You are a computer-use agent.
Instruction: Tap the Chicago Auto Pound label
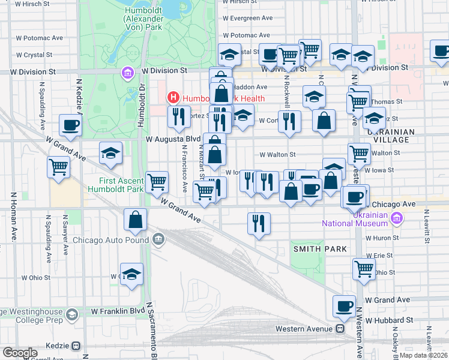pos(110,240)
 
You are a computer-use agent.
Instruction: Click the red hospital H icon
pos(173,97)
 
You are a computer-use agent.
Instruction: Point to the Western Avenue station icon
pos(340,329)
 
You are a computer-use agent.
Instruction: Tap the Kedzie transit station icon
pos(76,346)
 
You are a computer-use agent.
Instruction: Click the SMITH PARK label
pos(312,248)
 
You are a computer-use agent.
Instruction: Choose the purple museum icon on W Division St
pos(127,73)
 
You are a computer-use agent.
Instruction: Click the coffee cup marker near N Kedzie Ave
pos(71,126)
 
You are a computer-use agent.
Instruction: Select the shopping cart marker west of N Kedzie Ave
pos(59,167)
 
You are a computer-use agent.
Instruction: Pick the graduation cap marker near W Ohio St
pos(131,275)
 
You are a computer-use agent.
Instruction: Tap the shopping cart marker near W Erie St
pos(364,269)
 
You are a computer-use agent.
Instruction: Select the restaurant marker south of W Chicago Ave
pos(259,223)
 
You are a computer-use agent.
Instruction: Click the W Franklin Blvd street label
pos(118,311)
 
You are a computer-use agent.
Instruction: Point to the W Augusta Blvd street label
pos(173,139)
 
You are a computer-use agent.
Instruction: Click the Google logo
pos(20,353)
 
